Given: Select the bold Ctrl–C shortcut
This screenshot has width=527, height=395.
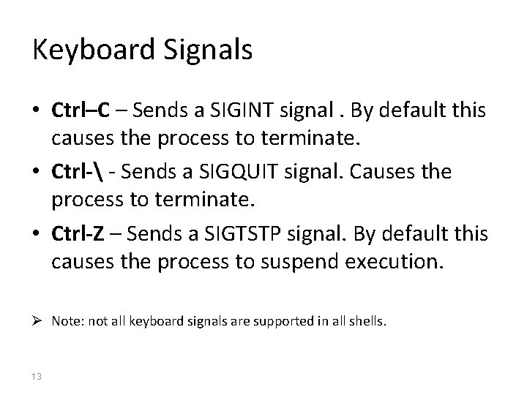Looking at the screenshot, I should (x=81, y=111).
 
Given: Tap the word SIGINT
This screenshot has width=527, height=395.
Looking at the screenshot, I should (x=237, y=111).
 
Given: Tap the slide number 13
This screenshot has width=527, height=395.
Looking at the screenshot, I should (x=37, y=376).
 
